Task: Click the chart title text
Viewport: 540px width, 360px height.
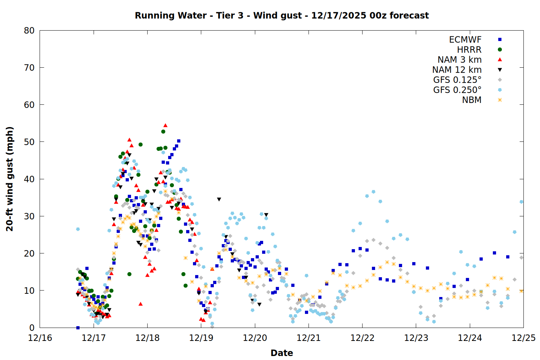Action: [282, 15]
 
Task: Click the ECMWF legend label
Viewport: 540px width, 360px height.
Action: [465, 40]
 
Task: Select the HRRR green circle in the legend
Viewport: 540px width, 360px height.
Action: [500, 50]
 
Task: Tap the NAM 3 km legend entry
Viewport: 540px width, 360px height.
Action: [459, 60]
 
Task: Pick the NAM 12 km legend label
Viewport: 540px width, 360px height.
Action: [457, 70]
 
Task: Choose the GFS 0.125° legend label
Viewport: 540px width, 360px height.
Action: [457, 80]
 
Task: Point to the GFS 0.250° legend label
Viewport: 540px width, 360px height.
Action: [457, 90]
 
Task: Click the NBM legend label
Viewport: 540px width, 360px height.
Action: [472, 100]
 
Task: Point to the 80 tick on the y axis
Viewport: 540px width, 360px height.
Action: [30, 31]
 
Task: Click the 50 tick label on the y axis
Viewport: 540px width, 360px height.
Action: [30, 142]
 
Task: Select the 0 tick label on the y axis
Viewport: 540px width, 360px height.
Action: [32, 328]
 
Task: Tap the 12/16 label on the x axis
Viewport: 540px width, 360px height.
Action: [40, 338]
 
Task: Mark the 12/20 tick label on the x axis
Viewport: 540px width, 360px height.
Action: [255, 338]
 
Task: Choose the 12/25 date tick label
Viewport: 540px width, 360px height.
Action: [523, 338]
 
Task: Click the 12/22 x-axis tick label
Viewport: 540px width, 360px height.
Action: [362, 338]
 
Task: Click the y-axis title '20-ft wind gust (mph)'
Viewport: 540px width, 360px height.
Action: [10, 179]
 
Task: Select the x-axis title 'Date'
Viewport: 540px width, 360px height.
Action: [282, 353]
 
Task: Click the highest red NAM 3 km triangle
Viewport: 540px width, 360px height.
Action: [165, 126]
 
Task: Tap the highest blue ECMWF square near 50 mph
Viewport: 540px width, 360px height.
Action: [179, 141]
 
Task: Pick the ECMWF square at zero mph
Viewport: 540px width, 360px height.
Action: [78, 328]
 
